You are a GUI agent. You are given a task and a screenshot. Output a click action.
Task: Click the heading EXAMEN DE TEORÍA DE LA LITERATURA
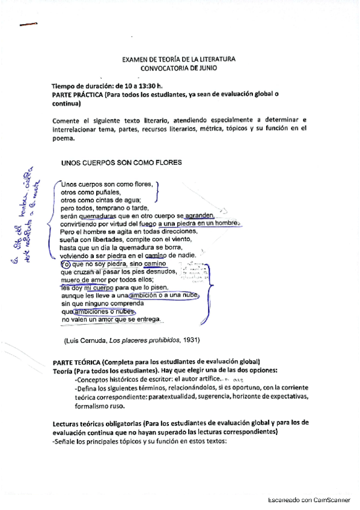tap(178, 60)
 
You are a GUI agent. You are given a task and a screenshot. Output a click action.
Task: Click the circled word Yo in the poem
tap(66, 263)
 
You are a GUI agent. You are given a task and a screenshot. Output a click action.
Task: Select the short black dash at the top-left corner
tap(28, 25)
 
